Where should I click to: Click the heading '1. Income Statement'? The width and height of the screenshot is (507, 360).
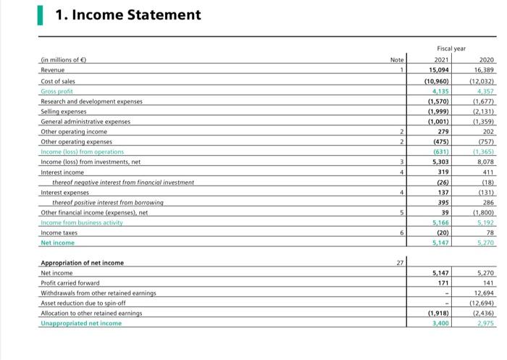pyautogui.click(x=127, y=15)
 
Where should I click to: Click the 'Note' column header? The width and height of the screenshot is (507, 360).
pyautogui.click(x=396, y=59)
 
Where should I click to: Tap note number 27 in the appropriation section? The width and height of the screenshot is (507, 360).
pyautogui.click(x=396, y=262)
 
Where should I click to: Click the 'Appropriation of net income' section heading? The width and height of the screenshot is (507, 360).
pyautogui.click(x=82, y=262)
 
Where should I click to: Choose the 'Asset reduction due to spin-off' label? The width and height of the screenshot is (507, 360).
pyautogui.click(x=83, y=303)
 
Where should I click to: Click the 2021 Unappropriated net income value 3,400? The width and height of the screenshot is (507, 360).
pyautogui.click(x=437, y=323)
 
